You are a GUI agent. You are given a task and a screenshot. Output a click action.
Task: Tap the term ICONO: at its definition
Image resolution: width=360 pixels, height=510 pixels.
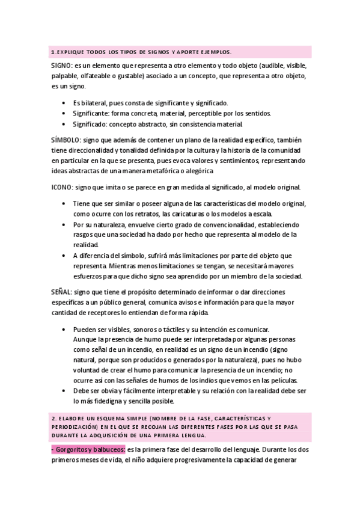pyautogui.click(x=63, y=187)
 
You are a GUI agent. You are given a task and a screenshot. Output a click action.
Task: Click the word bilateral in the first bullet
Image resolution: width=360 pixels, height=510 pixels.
pyautogui.click(x=94, y=103)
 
